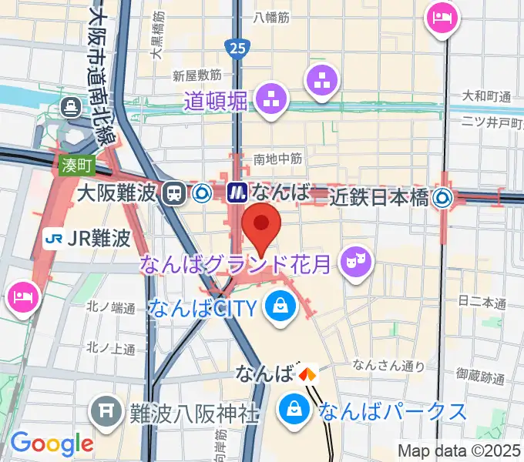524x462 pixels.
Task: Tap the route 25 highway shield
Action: (x=237, y=49)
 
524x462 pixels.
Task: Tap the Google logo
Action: (x=52, y=444)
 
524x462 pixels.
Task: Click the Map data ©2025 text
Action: (x=459, y=449)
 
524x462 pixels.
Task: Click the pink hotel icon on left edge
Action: (x=22, y=295)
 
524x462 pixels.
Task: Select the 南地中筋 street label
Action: (x=277, y=159)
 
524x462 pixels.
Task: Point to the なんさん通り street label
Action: (x=378, y=366)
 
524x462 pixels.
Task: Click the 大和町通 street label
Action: (x=486, y=96)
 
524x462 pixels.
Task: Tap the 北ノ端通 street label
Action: (x=112, y=307)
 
